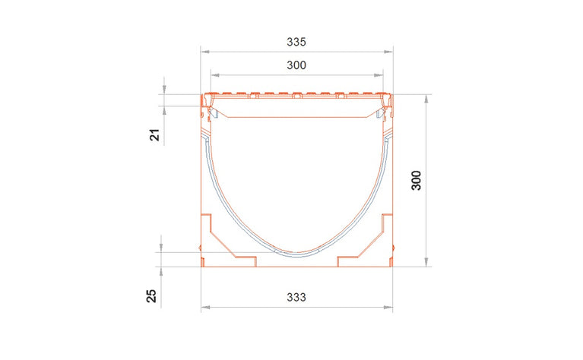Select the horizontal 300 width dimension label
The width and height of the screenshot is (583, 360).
(x=296, y=66)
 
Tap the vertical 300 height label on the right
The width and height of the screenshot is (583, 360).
(x=416, y=179)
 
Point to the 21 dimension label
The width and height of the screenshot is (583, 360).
(x=154, y=135)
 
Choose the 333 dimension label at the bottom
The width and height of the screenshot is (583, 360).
(x=296, y=298)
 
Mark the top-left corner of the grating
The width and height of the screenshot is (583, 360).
(x=202, y=95)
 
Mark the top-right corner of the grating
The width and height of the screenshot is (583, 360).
(x=392, y=95)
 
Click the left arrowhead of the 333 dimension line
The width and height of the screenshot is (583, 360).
(x=204, y=308)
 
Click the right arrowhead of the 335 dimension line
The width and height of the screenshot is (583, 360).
(x=391, y=50)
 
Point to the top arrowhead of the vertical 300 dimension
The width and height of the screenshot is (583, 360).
(x=426, y=97)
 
